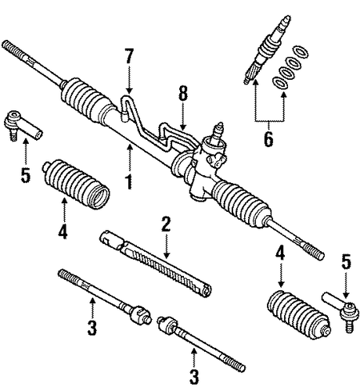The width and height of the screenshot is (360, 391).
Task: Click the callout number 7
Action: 129,56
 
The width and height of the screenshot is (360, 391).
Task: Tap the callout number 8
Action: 183,93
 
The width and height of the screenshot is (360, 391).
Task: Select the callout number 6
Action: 268,138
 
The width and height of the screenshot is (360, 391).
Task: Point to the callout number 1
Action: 129,181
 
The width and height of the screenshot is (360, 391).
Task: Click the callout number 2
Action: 166,224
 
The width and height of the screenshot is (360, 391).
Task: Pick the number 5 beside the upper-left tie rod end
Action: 26,174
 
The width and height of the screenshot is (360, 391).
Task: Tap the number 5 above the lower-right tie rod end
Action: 346,262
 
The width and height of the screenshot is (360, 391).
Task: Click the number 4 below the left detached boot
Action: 63,231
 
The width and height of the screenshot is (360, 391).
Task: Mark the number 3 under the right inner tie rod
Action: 194,377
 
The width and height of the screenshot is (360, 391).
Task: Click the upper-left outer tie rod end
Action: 22,125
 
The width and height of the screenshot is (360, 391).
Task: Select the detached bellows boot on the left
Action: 76,184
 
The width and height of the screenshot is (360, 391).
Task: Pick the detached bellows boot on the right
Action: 299,314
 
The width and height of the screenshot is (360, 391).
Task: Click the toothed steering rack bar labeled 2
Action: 156,264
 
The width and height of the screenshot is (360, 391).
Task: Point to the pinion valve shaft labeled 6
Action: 267,49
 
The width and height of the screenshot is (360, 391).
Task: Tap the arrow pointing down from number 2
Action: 166,246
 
